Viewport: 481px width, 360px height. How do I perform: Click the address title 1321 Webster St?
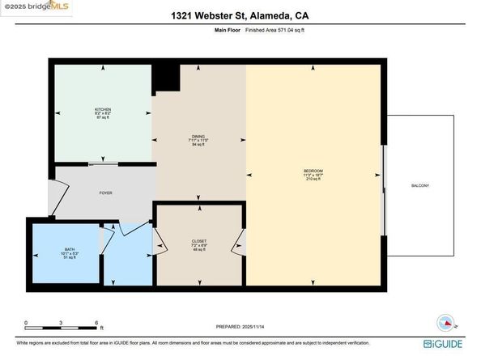point(240,15)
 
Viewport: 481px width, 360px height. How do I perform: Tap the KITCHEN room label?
point(102,109)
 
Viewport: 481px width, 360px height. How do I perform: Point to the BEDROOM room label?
point(313,171)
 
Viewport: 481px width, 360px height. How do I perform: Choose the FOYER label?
point(105,193)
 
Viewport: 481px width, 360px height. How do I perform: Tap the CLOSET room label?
point(198,240)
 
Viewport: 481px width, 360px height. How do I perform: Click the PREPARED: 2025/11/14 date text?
point(240,327)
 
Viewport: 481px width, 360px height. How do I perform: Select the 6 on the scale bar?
point(97,322)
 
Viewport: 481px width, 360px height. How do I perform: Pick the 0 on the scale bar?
point(26,322)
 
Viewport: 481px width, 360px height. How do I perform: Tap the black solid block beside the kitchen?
point(166,78)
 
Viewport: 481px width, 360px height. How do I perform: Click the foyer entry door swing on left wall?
point(57,194)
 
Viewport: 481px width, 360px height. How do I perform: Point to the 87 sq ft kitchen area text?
point(102,119)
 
